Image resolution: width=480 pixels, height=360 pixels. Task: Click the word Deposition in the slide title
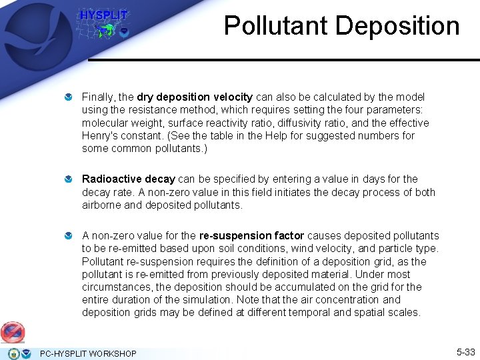pos(397,26)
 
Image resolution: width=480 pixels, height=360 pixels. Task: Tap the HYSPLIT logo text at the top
pos(103,15)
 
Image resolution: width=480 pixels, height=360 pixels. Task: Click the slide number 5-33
pos(465,351)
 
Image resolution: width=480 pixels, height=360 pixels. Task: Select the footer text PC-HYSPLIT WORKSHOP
pos(88,353)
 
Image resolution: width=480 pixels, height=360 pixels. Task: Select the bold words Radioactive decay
pos(128,179)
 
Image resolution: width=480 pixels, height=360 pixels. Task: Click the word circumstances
pos(117,287)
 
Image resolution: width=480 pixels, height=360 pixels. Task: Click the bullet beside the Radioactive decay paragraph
pos(69,180)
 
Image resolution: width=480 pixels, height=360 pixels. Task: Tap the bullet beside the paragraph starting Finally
pos(69,98)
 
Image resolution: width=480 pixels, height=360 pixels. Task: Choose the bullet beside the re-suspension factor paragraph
pos(69,236)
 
